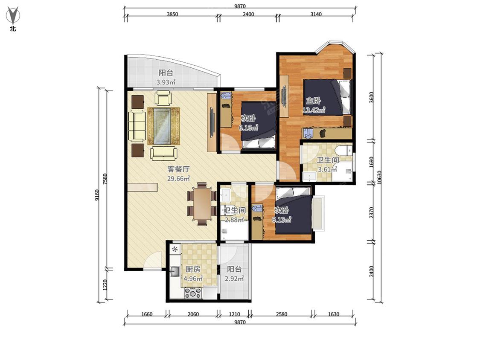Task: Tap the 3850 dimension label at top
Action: tap(172, 14)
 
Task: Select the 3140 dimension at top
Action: tap(316, 14)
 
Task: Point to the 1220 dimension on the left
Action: tap(105, 285)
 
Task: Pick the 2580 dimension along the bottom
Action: tap(281, 314)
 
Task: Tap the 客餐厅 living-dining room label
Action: tap(178, 169)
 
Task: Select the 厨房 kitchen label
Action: tap(193, 269)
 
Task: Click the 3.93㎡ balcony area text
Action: tap(166, 82)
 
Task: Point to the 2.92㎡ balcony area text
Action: tap(234, 279)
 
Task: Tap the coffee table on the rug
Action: tap(162, 125)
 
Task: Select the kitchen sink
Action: tap(175, 271)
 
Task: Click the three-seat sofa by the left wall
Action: tap(137, 126)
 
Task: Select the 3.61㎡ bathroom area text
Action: tap(328, 169)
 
